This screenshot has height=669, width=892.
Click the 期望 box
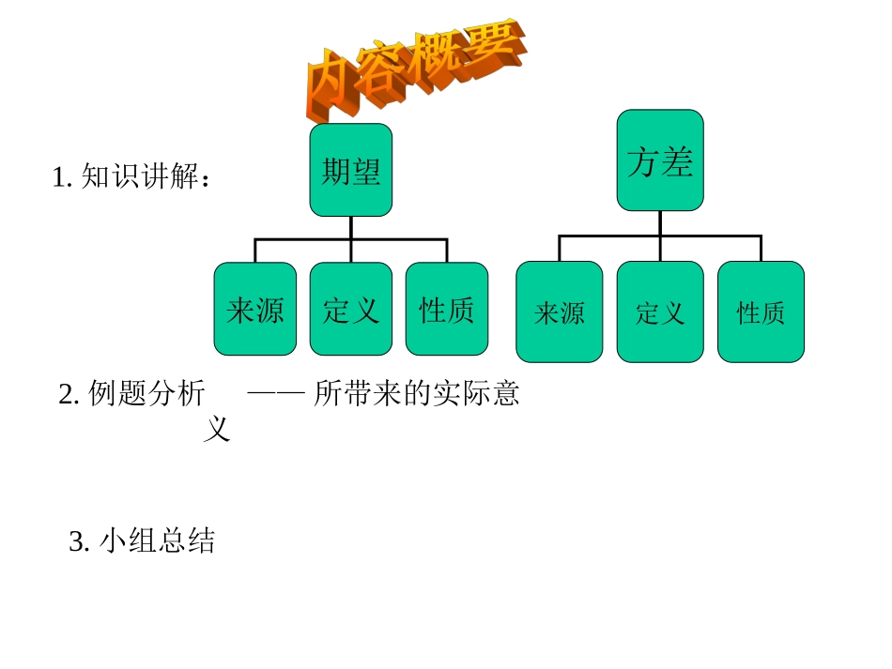(351, 171)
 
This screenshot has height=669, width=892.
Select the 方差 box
(660, 160)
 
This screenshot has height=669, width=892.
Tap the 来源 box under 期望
(255, 310)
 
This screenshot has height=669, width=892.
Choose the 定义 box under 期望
(351, 310)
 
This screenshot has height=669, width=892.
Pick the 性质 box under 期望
(447, 310)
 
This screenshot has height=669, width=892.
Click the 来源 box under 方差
(560, 312)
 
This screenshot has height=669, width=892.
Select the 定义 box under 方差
(660, 312)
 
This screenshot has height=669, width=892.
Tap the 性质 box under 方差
(761, 312)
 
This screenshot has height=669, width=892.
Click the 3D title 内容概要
(413, 70)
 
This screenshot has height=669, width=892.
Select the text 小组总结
(156, 541)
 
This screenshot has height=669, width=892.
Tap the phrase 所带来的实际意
(417, 394)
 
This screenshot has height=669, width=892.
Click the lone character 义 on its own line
(217, 430)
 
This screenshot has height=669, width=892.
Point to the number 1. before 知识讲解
(62, 177)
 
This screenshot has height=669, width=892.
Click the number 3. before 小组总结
(79, 542)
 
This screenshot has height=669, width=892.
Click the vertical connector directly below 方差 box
(660, 223)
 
